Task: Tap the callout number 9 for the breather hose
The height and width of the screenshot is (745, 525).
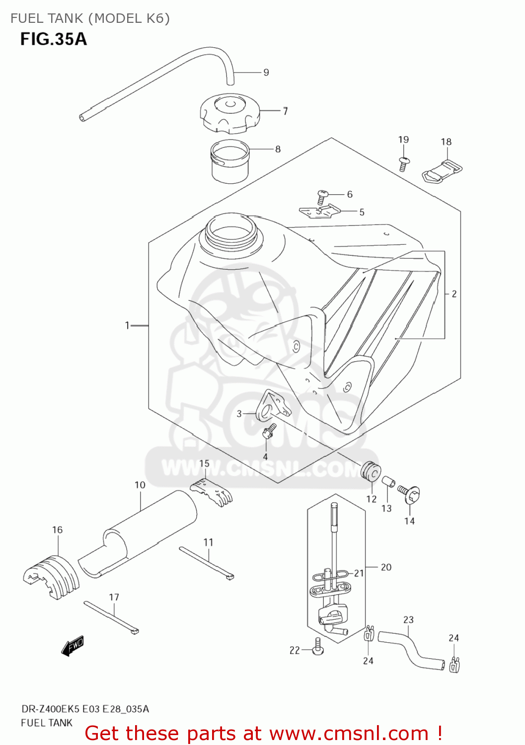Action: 266,73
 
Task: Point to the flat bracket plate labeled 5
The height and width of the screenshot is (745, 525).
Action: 320,212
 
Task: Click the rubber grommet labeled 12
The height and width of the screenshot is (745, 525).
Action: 371,471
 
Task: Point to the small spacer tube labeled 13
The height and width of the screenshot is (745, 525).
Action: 388,482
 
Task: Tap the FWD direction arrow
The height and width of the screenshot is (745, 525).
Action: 73,646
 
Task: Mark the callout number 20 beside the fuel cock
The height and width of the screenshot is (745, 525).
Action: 386,567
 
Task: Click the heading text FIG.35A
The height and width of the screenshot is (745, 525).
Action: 53,39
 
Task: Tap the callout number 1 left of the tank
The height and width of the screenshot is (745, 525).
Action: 127,325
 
